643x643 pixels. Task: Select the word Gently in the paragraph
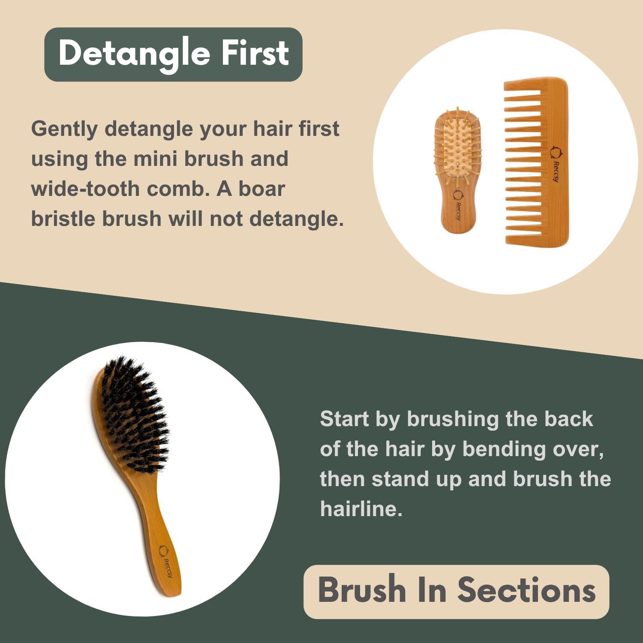click(x=64, y=129)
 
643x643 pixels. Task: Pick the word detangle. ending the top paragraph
click(x=296, y=219)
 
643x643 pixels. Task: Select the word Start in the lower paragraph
click(x=344, y=419)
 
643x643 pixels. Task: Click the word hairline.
click(x=361, y=509)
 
